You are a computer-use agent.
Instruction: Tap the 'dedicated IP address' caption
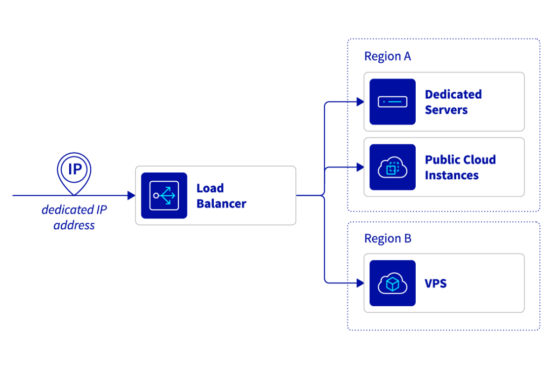pos(74,217)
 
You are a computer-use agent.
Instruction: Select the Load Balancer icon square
pos(164,196)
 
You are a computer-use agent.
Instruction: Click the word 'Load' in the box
pos(210,188)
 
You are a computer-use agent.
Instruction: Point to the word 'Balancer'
pos(221,204)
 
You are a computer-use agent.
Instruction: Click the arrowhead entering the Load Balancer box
pos(131,196)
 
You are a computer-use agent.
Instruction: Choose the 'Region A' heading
pos(387,56)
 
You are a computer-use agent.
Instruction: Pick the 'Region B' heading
pos(387,239)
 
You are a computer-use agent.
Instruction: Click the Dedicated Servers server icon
pos(393,102)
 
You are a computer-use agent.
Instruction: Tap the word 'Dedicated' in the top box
pos(453,94)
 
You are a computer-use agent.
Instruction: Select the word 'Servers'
pos(446,110)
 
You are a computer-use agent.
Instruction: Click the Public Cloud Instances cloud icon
pos(393,167)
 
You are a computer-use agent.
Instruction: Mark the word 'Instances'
pos(451,175)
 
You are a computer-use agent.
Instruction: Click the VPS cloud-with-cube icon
pos(393,284)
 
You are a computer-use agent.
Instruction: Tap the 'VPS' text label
pos(435,284)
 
